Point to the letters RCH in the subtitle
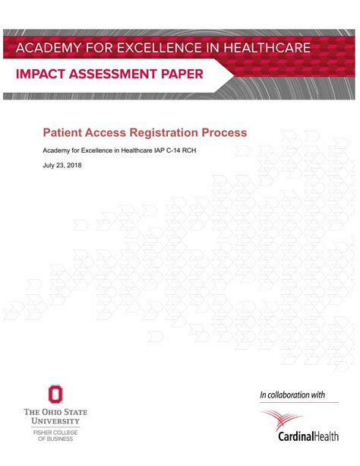click(198, 150)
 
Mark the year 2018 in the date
click(72, 165)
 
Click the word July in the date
click(49, 165)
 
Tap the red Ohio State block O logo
click(55, 395)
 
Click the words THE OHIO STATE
click(55, 412)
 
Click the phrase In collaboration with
click(292, 395)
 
